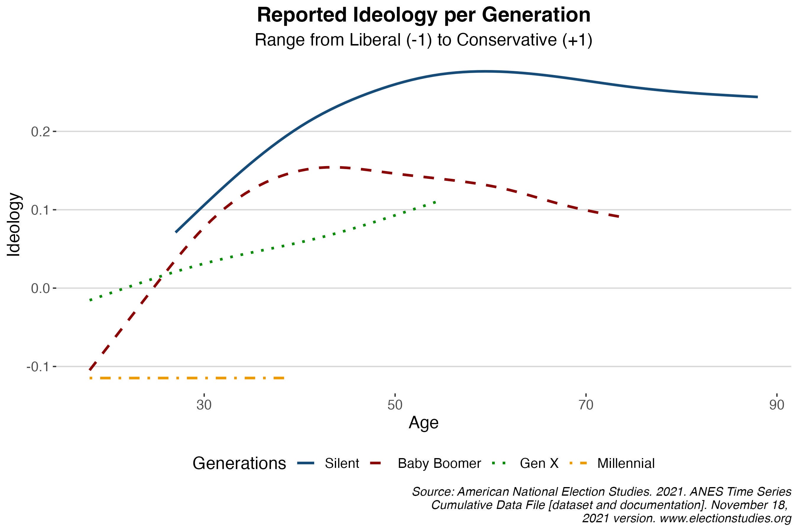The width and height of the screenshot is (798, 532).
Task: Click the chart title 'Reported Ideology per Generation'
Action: coord(424,15)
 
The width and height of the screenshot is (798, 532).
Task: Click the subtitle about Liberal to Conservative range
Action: coord(424,40)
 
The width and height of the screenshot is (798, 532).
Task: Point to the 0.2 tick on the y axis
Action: coord(41,132)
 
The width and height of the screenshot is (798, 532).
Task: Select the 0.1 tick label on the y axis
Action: coord(41,210)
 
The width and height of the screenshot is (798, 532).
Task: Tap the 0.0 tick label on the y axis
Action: coord(41,288)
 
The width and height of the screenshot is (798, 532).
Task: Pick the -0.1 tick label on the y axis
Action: coord(38,367)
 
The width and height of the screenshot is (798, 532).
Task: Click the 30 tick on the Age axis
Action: coord(204,405)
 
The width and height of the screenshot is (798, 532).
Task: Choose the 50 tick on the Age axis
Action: coord(395,405)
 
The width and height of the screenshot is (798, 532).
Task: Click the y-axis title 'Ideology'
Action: coord(14,225)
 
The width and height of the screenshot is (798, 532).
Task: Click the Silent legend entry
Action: coord(342,463)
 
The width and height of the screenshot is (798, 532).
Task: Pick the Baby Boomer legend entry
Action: coord(439,463)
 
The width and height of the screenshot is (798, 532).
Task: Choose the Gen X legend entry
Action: coord(539,463)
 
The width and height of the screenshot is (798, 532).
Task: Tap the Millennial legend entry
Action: coord(626,463)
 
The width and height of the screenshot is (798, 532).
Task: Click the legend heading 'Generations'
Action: coord(239,463)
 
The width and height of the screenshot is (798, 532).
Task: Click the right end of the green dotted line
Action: coord(435,202)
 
